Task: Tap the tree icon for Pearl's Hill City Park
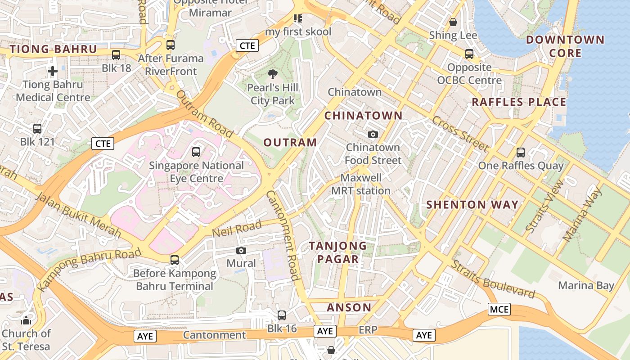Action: point(272,74)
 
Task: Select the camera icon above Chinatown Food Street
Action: point(373,134)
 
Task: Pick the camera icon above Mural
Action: point(241,250)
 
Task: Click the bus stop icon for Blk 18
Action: point(116,55)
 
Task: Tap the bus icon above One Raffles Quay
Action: point(521,152)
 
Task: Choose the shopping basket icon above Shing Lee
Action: point(453,22)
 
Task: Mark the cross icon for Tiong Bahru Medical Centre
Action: point(53,71)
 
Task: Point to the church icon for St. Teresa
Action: point(26,320)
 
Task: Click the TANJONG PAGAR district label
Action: point(338,252)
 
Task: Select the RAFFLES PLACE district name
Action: point(519,102)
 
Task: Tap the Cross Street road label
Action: point(460,134)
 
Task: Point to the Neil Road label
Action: point(237,229)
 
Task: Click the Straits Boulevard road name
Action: point(494,280)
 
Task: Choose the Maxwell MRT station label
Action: point(361,184)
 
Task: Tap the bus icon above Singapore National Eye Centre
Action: point(196,152)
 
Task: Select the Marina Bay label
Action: point(586,286)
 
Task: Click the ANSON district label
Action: point(349,308)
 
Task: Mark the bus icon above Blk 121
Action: point(37,129)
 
